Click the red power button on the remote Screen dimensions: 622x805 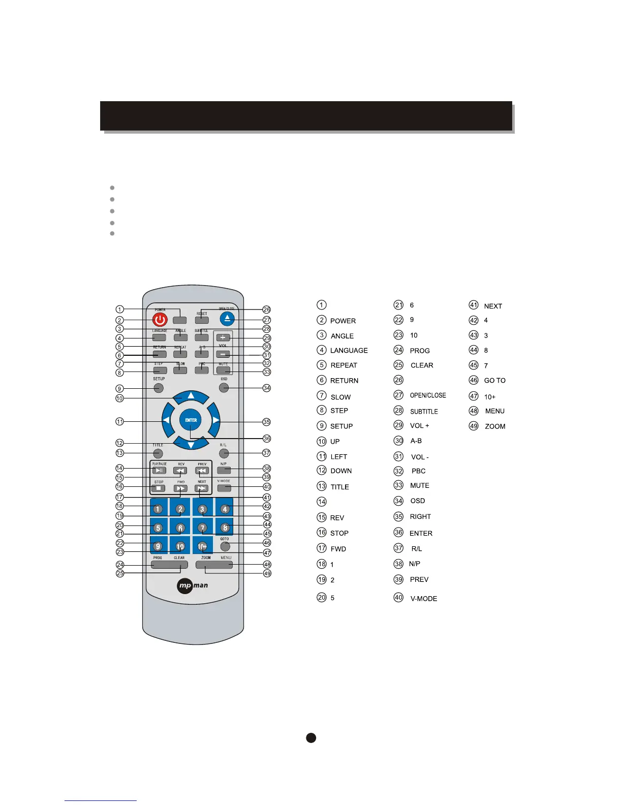[x=160, y=320]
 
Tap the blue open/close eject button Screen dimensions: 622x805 [x=227, y=319]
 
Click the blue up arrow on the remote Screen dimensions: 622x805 [x=191, y=396]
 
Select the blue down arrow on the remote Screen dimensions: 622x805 [x=191, y=445]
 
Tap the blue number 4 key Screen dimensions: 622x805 [x=225, y=509]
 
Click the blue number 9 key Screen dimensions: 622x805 [x=158, y=546]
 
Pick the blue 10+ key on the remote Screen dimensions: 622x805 [x=202, y=546]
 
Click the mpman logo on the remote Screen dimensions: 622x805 [x=193, y=586]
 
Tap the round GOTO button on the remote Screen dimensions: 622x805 [x=225, y=547]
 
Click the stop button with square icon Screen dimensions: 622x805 [x=159, y=488]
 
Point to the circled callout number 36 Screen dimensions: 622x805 [x=267, y=439]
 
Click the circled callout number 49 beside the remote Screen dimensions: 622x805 [x=267, y=573]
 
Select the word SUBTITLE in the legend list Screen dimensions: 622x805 [x=424, y=411]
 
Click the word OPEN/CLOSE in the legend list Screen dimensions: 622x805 [x=428, y=395]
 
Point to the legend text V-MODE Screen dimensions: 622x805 [x=424, y=599]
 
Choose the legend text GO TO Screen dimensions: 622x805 [x=494, y=381]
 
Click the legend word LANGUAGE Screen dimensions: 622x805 [x=349, y=351]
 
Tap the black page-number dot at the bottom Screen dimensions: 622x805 [x=311, y=738]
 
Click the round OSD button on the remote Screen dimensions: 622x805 [x=224, y=388]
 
